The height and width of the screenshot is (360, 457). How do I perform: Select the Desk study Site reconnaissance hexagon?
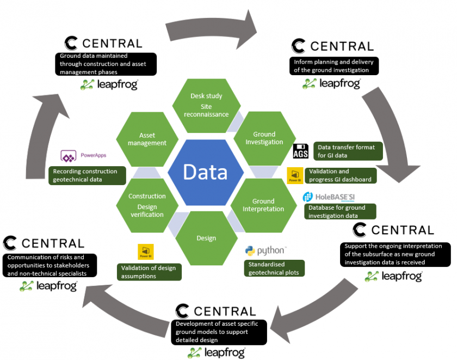coord(206,104)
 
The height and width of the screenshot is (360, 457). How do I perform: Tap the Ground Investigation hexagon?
coord(264,138)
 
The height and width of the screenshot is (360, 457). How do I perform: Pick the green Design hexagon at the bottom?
coord(206,238)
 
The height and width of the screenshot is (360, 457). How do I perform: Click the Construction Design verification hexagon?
coord(147,205)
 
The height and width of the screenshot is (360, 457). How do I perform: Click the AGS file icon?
coord(301,151)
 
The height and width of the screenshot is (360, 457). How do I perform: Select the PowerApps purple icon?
coord(68,156)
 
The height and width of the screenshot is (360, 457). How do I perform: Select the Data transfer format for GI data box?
coord(348,151)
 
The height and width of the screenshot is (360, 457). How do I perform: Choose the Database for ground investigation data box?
coord(340,211)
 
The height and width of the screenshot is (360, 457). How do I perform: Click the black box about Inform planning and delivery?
coord(331,66)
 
